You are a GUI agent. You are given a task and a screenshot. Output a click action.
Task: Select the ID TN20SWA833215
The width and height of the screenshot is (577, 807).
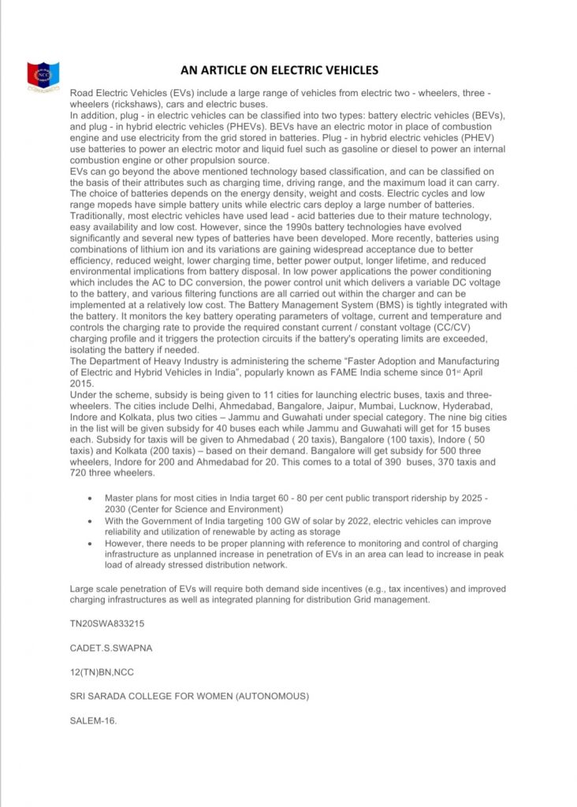point(107,623)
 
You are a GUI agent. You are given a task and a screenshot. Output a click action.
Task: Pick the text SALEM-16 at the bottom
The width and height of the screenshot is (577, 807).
point(93,720)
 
